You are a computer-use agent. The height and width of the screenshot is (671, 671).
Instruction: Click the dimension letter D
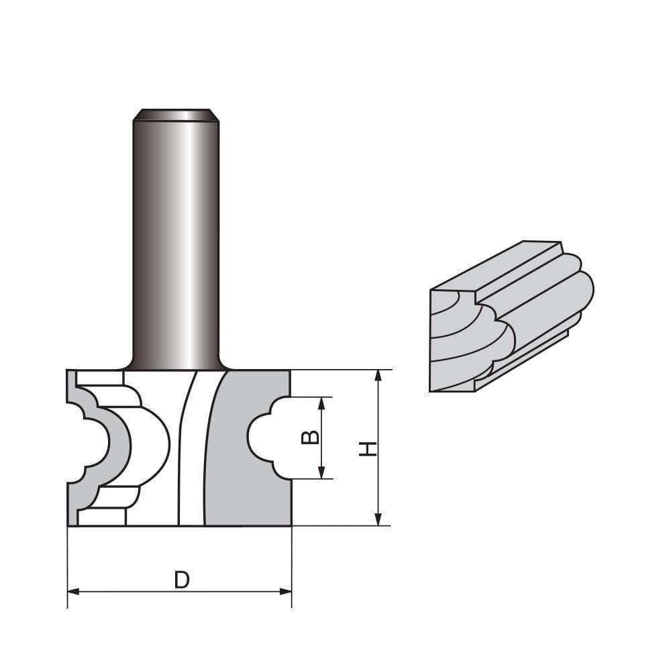(x=181, y=579)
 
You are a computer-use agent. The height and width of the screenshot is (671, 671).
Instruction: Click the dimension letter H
(x=366, y=449)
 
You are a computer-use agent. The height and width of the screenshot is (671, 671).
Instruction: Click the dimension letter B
(x=309, y=437)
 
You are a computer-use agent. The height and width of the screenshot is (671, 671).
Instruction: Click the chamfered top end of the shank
(x=176, y=115)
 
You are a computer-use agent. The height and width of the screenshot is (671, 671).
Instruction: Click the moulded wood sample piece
(x=510, y=315)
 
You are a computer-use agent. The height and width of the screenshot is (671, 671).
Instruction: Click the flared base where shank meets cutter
(x=176, y=362)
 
